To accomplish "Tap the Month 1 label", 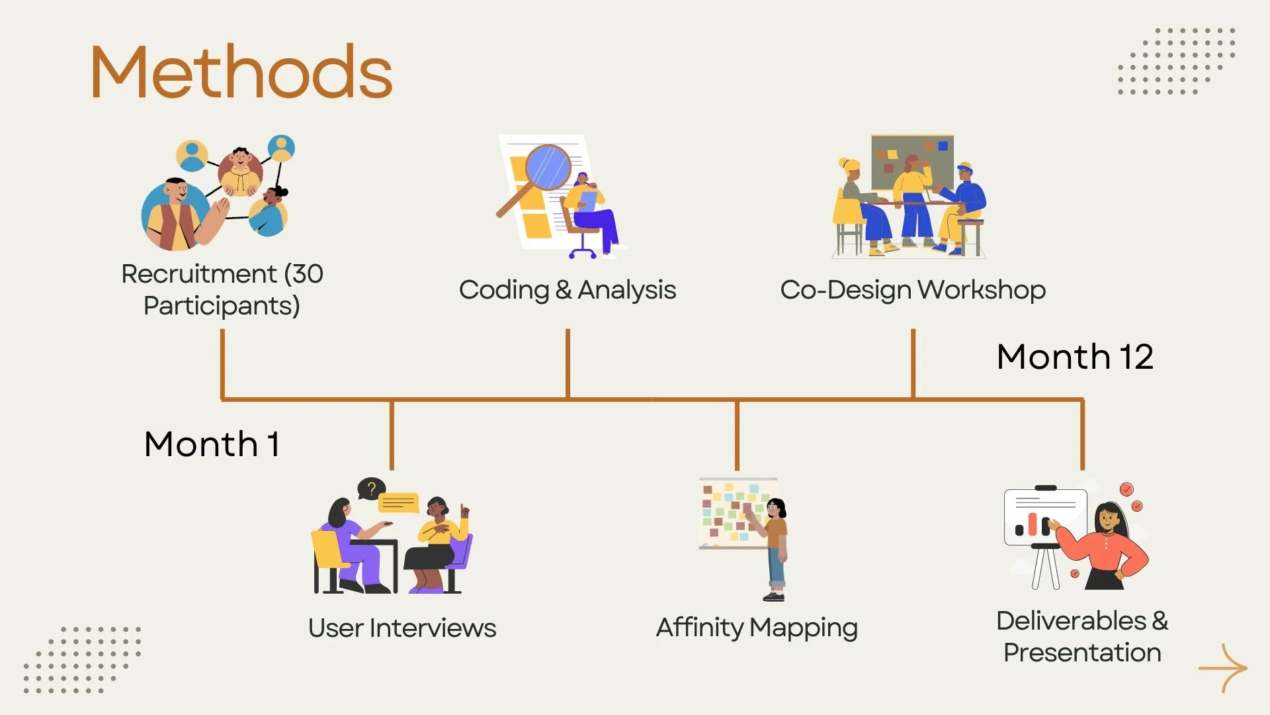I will pos(212,444).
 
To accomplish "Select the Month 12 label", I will pos(1075,357).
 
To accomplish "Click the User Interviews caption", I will pos(402,628).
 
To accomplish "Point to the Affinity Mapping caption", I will pos(757,628).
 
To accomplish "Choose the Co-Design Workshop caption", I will pos(913,290).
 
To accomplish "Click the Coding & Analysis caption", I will pos(567,290).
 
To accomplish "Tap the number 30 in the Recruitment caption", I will pos(308,274).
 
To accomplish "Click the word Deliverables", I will pos(1071,621).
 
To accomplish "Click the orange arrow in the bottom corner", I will pos(1223,668).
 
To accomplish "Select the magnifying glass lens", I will pos(548,167).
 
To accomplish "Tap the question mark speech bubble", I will pos(371,489).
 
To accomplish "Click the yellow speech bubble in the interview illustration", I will pos(398,503).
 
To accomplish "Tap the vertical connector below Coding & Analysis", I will pos(568,364).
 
